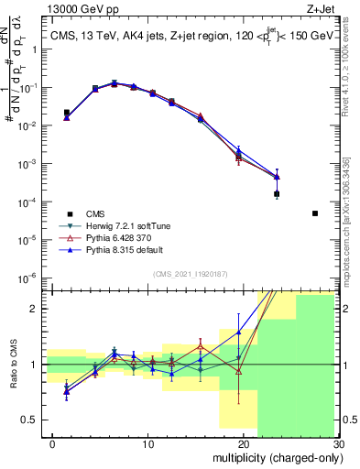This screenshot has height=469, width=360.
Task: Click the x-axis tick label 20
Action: pos(239,444)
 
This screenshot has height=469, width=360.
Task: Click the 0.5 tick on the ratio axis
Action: pos(35,420)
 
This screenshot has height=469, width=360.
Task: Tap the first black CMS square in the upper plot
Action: pos(66,114)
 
